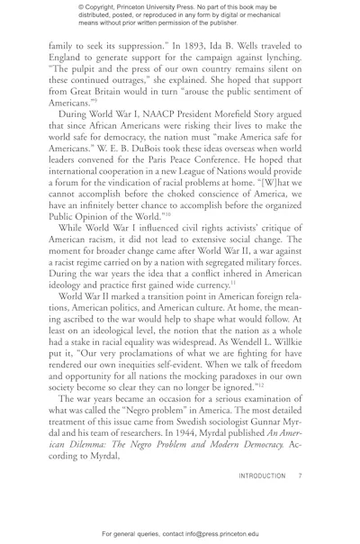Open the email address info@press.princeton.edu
click(x=233, y=537)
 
